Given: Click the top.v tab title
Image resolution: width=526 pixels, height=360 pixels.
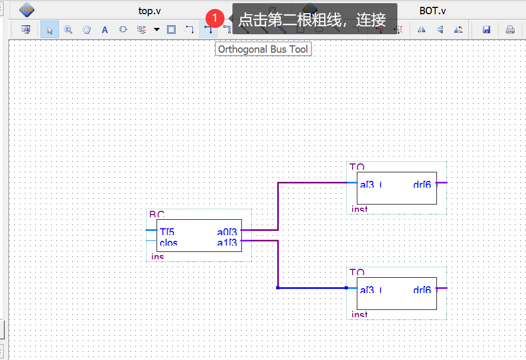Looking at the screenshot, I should [153, 10].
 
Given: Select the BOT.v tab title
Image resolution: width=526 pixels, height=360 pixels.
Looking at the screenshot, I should [433, 10].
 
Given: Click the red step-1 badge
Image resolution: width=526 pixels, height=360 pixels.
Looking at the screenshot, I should [215, 17].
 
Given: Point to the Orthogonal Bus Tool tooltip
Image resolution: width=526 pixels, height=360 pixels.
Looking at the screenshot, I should [263, 50].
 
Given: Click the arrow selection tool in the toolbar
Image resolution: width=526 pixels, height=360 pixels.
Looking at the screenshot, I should [50, 30].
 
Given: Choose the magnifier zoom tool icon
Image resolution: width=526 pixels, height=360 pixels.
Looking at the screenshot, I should [68, 30].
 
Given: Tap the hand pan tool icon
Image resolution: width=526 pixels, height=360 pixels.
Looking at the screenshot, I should [86, 30].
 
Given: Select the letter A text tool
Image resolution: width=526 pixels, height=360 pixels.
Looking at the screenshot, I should [104, 30].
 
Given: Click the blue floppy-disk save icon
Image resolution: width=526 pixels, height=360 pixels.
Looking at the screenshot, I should [486, 30].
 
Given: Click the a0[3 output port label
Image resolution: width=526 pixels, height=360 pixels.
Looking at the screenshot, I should [227, 231].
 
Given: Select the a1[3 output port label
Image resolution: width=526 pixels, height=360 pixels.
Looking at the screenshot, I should [227, 242].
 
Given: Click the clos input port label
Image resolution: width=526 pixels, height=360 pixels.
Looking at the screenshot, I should [169, 243].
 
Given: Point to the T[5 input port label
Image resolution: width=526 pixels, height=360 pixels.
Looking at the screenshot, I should [167, 231].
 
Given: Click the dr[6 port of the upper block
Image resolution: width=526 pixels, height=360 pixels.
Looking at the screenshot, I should [422, 184].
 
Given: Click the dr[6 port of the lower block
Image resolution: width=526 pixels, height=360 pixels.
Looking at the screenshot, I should [422, 290].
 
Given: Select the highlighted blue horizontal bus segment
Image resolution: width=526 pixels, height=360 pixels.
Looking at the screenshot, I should [311, 288].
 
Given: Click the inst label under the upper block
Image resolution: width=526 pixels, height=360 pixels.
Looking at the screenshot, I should [359, 209].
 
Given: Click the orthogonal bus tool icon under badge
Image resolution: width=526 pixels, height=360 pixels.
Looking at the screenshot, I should [209, 30].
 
